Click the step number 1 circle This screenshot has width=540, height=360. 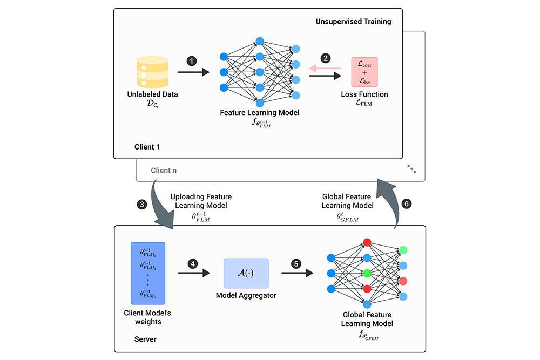192,61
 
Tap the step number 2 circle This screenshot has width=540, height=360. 325,58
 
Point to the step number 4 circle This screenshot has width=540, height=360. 192,264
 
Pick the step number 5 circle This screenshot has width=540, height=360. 295,264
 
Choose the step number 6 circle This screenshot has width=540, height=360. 407,205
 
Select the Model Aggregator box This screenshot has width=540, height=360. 246,272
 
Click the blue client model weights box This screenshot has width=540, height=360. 147,274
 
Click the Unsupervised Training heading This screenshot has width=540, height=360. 353,22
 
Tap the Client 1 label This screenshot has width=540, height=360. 147,146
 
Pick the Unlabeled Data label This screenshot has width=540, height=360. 152,94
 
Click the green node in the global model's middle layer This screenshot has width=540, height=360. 368,273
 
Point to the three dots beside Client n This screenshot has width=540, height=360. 412,169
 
